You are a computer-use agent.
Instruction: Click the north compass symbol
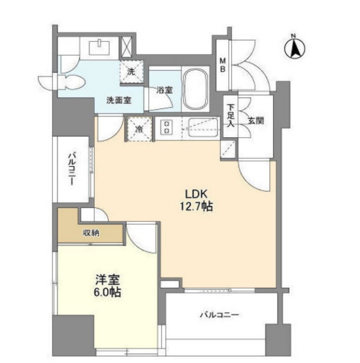click(x=295, y=47)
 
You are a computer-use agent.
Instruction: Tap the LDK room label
click(x=196, y=194)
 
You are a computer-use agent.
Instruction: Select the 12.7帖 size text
click(x=196, y=206)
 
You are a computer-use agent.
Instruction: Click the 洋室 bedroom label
click(x=108, y=280)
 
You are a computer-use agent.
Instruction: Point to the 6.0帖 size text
click(x=108, y=292)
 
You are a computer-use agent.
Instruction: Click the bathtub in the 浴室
click(x=195, y=90)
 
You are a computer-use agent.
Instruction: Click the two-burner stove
click(x=166, y=128)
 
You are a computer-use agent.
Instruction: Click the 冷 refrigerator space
click(x=139, y=129)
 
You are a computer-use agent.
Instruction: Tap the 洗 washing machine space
click(x=131, y=72)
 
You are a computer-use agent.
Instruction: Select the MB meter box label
click(x=222, y=65)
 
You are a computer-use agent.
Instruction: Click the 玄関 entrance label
click(x=256, y=121)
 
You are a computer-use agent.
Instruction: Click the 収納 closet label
click(x=92, y=233)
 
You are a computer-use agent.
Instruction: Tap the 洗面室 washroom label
click(x=119, y=100)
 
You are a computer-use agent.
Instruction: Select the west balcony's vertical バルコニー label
click(x=71, y=169)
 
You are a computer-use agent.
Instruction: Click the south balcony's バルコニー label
click(x=219, y=315)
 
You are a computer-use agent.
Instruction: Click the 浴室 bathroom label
click(x=164, y=90)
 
